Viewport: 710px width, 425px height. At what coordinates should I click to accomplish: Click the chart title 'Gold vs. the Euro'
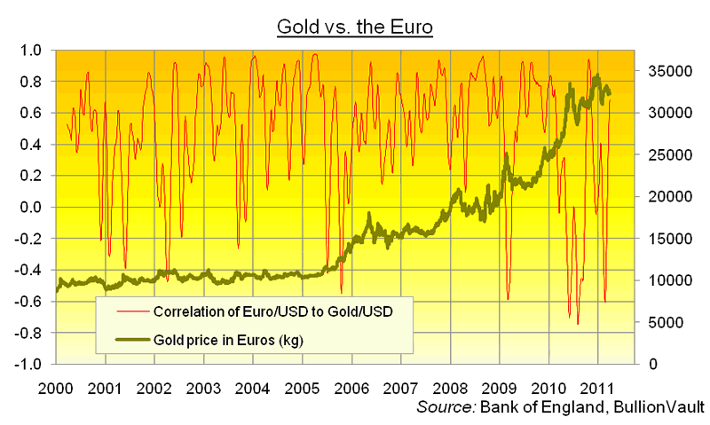tap(354, 28)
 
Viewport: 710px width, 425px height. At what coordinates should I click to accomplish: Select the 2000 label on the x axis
tap(56, 388)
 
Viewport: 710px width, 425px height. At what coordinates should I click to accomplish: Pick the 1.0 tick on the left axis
tap(30, 51)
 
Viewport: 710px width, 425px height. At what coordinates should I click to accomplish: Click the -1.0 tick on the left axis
tap(27, 365)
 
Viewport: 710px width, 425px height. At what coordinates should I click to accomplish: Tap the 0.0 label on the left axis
tap(30, 208)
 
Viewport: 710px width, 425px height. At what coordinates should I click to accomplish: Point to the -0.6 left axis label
tap(27, 302)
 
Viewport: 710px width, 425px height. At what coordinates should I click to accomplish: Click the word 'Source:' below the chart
tap(446, 408)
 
